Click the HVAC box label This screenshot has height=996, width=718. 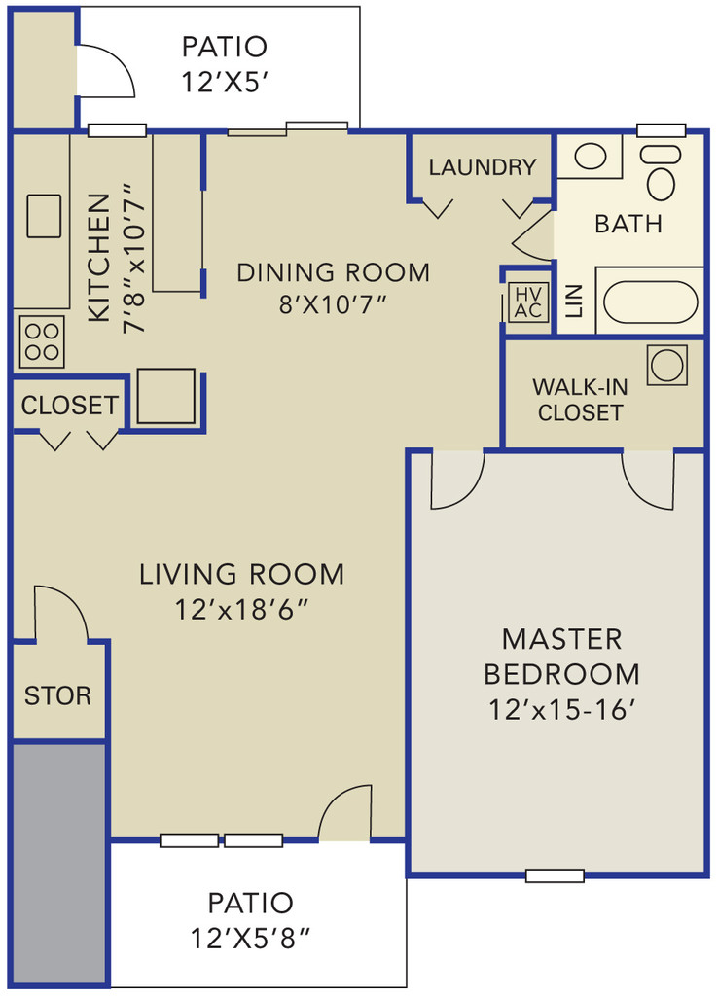tap(528, 302)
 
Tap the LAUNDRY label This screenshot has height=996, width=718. tap(483, 167)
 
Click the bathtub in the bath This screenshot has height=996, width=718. tap(650, 302)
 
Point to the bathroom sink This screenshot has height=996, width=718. tap(591, 157)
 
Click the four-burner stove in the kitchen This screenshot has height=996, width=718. tap(42, 341)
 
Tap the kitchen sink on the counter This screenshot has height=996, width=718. tap(44, 216)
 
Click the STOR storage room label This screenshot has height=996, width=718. tap(57, 695)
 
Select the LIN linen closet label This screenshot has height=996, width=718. tap(574, 302)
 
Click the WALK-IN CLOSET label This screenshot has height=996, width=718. tap(580, 400)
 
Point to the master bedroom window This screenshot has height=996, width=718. tap(555, 876)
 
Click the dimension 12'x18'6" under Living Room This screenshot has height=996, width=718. tap(241, 610)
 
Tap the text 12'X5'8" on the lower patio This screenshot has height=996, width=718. tap(251, 938)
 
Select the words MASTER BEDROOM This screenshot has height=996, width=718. tap(561, 657)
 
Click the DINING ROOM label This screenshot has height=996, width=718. tap(333, 272)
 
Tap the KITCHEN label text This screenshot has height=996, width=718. tap(98, 257)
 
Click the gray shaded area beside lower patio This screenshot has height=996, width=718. tap(58, 863)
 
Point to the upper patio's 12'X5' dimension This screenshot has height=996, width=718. tap(225, 82)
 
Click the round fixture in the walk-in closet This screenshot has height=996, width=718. tap(667, 366)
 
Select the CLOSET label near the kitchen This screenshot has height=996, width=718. tap(69, 406)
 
